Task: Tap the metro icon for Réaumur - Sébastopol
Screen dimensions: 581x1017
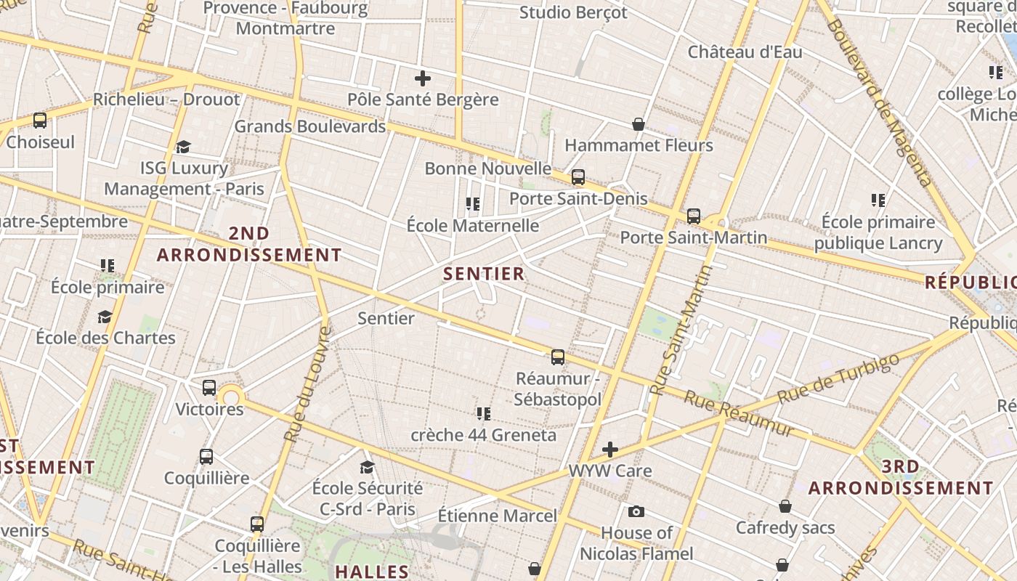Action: tap(558, 357)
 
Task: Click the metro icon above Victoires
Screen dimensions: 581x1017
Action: tap(209, 388)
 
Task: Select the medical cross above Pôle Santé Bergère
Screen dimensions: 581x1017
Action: tap(423, 78)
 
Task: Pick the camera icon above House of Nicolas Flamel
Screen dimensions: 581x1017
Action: tap(636, 512)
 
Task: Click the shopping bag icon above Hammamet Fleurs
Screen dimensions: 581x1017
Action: tap(639, 124)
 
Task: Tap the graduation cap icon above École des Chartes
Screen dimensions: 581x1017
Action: tap(105, 317)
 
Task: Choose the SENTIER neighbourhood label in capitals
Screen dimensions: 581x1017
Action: tap(484, 274)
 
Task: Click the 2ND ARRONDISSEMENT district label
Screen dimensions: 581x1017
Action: tap(249, 245)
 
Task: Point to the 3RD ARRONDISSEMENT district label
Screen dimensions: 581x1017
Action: tap(901, 477)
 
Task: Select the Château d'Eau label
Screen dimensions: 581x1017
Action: tap(745, 52)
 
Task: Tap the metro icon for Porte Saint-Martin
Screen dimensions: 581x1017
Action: tap(694, 216)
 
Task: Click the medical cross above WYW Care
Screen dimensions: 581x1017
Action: tap(610, 450)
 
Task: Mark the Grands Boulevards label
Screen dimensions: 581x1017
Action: tap(310, 126)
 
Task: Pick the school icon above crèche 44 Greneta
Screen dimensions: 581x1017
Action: tap(484, 414)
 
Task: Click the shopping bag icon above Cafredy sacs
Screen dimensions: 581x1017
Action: tap(785, 506)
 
